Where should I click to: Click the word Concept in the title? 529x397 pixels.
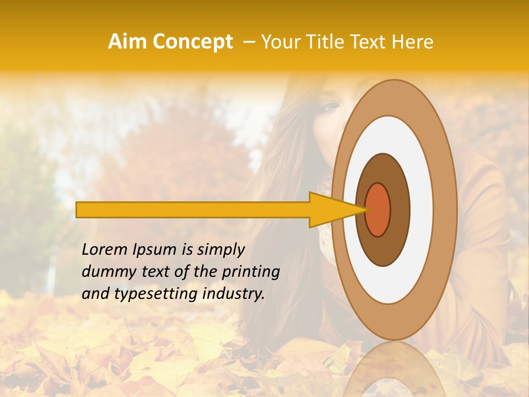click(192, 42)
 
